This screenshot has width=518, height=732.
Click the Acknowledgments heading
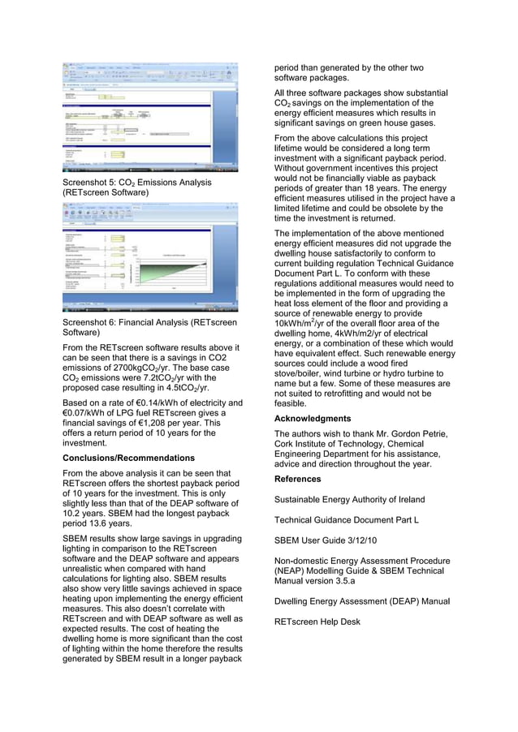pos(312,419)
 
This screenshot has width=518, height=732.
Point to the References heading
pos(298,480)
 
